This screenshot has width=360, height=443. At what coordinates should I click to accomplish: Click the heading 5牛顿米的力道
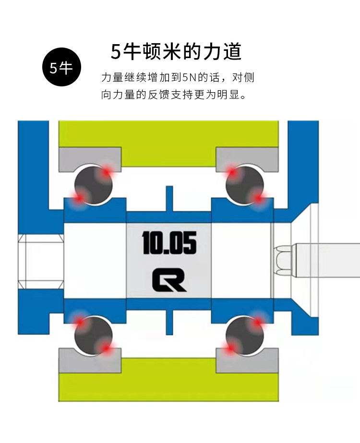click(176, 51)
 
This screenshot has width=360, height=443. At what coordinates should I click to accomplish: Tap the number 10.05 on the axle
click(169, 243)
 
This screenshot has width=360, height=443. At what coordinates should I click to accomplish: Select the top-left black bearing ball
click(93, 184)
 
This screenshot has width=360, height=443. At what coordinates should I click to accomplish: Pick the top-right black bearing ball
click(245, 184)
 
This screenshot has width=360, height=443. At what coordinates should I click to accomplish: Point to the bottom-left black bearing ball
click(93, 334)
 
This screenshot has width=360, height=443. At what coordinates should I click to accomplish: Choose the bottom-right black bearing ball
click(245, 334)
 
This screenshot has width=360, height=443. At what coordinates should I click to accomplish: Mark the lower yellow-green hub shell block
click(168, 386)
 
